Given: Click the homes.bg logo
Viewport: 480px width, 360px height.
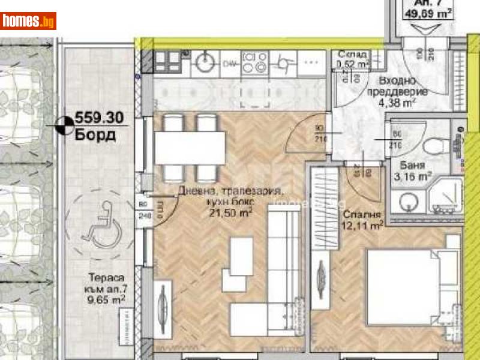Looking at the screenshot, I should coord(28,21).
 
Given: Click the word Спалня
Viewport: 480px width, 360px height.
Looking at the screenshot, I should coord(359,214).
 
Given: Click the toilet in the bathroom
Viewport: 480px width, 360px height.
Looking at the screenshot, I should coord(433,145).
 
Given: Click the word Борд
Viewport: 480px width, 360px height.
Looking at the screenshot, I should coord(95,134).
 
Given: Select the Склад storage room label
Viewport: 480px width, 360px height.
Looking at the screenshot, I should coord(352,54).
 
